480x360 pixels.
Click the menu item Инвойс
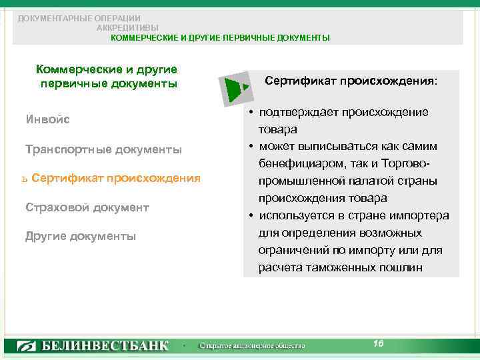pyautogui.click(x=47, y=120)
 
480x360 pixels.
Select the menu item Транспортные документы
pyautogui.click(x=103, y=149)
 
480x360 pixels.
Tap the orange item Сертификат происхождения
pyautogui.click(x=115, y=178)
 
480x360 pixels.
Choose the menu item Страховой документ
pyautogui.click(x=87, y=207)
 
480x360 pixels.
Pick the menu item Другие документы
pyautogui.click(x=80, y=236)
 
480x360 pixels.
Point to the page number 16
pyautogui.click(x=378, y=343)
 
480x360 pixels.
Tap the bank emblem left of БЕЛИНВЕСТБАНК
pyautogui.click(x=27, y=346)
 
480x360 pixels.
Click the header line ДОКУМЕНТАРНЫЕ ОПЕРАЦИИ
pyautogui.click(x=79, y=18)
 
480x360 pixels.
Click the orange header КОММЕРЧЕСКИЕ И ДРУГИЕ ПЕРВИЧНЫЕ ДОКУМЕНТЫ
pyautogui.click(x=220, y=38)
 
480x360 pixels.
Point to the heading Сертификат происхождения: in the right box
pyautogui.click(x=351, y=81)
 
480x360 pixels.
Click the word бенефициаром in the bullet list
pyautogui.click(x=299, y=163)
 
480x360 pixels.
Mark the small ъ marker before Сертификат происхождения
pyautogui.click(x=24, y=179)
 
